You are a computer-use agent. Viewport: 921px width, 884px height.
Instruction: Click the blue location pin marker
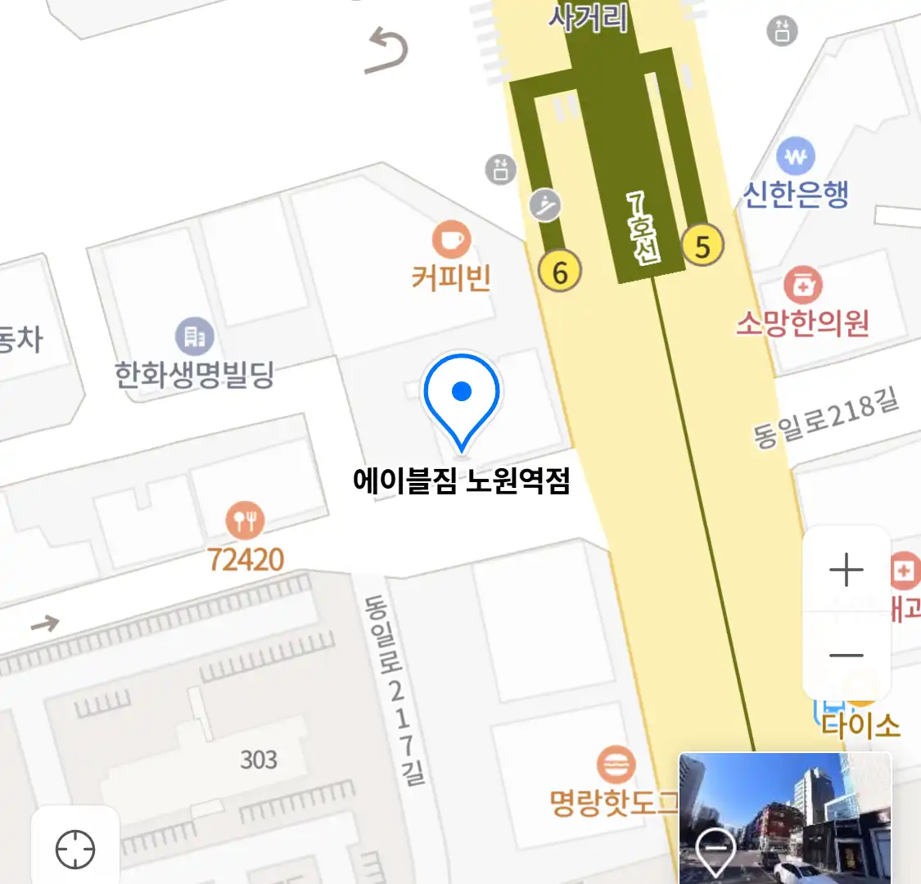tap(462, 397)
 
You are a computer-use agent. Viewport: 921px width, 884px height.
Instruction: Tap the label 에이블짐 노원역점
tap(461, 480)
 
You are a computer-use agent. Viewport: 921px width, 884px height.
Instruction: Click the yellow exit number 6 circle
tap(560, 271)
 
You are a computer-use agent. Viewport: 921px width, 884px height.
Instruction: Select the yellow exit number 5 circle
tap(702, 245)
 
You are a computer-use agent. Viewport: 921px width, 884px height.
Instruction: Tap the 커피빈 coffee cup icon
tap(451, 240)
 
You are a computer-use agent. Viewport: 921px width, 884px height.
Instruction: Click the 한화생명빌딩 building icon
tap(194, 336)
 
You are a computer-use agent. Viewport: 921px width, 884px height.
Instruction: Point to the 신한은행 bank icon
tap(795, 156)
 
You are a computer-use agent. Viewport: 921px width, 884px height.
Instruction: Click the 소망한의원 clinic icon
tap(802, 285)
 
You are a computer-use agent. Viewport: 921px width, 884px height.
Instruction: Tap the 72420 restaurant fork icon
tap(245, 520)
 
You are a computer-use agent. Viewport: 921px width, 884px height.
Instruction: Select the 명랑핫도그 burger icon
tap(615, 765)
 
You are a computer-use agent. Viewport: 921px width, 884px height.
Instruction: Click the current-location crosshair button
tap(75, 849)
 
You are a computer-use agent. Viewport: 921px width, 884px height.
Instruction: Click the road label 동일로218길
tap(825, 418)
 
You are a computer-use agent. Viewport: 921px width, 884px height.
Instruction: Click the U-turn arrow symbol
tap(387, 50)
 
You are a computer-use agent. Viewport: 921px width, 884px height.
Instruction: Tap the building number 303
tap(259, 760)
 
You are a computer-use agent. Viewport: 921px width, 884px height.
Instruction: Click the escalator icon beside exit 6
tap(545, 204)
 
